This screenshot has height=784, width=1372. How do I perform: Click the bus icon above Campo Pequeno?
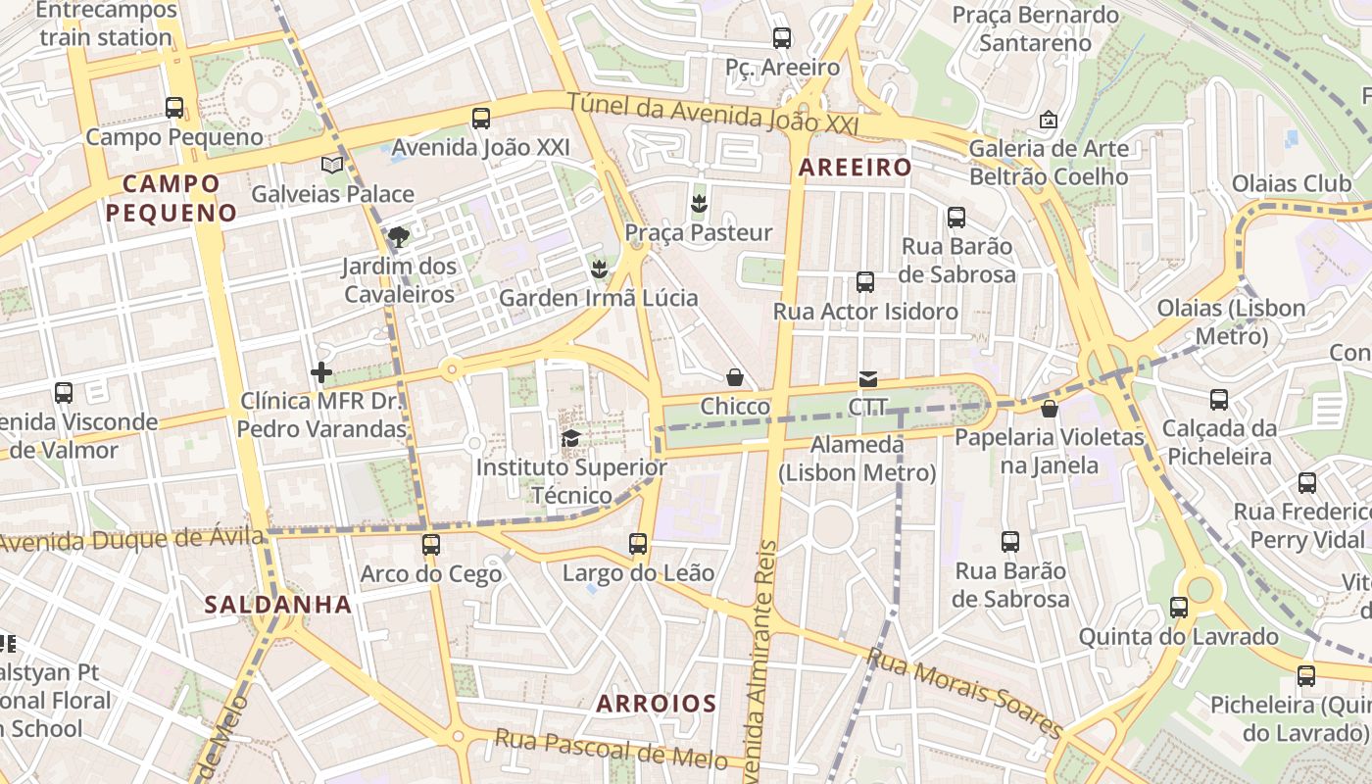coord(174,108)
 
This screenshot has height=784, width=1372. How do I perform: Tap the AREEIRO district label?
coord(855,168)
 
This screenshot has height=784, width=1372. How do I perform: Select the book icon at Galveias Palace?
coord(333,165)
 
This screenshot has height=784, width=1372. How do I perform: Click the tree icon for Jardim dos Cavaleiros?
coord(398,237)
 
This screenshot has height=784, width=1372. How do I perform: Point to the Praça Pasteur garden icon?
coord(699,204)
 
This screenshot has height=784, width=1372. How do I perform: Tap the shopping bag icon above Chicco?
coord(735,377)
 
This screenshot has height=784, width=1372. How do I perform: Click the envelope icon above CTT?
coord(867,378)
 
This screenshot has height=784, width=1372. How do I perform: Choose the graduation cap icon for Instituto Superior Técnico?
coord(570,438)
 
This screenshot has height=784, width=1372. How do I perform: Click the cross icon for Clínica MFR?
coord(321,372)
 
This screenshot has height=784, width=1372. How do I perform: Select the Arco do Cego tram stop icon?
coord(431,545)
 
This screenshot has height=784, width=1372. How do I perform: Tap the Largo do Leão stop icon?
coord(638,543)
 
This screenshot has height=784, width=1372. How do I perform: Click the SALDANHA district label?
coord(278,605)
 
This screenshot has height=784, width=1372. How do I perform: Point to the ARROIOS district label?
coord(657,704)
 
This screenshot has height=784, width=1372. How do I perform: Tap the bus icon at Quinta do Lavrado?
coord(1179,608)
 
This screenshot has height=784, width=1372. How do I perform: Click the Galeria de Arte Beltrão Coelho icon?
coord(1049,120)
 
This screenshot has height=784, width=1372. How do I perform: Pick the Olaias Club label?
coord(1291,183)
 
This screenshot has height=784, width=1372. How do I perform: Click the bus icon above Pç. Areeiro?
coord(781,38)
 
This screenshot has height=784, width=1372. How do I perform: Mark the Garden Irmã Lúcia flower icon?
coord(599,269)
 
